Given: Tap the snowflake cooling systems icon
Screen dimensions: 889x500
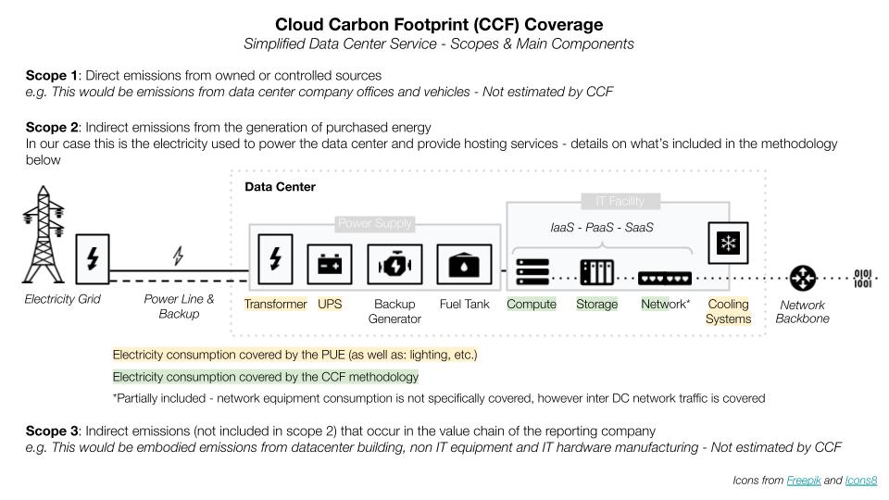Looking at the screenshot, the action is pos(728,244).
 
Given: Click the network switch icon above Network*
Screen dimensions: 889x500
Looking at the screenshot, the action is pos(665,276).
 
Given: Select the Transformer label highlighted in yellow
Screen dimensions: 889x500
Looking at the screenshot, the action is pos(275,305).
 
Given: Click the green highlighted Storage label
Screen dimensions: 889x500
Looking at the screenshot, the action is pos(596,305).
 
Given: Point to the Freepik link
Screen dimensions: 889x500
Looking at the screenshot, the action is pos(802,481).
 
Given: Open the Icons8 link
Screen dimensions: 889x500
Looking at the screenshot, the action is pos(860,481).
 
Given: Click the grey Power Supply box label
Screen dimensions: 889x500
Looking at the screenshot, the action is pos(375,223).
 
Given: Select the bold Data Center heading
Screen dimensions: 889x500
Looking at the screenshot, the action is pos(280,187).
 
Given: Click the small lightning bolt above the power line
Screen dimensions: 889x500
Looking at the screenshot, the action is pos(179,256).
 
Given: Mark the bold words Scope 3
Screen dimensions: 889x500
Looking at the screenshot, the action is pos(54,431).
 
